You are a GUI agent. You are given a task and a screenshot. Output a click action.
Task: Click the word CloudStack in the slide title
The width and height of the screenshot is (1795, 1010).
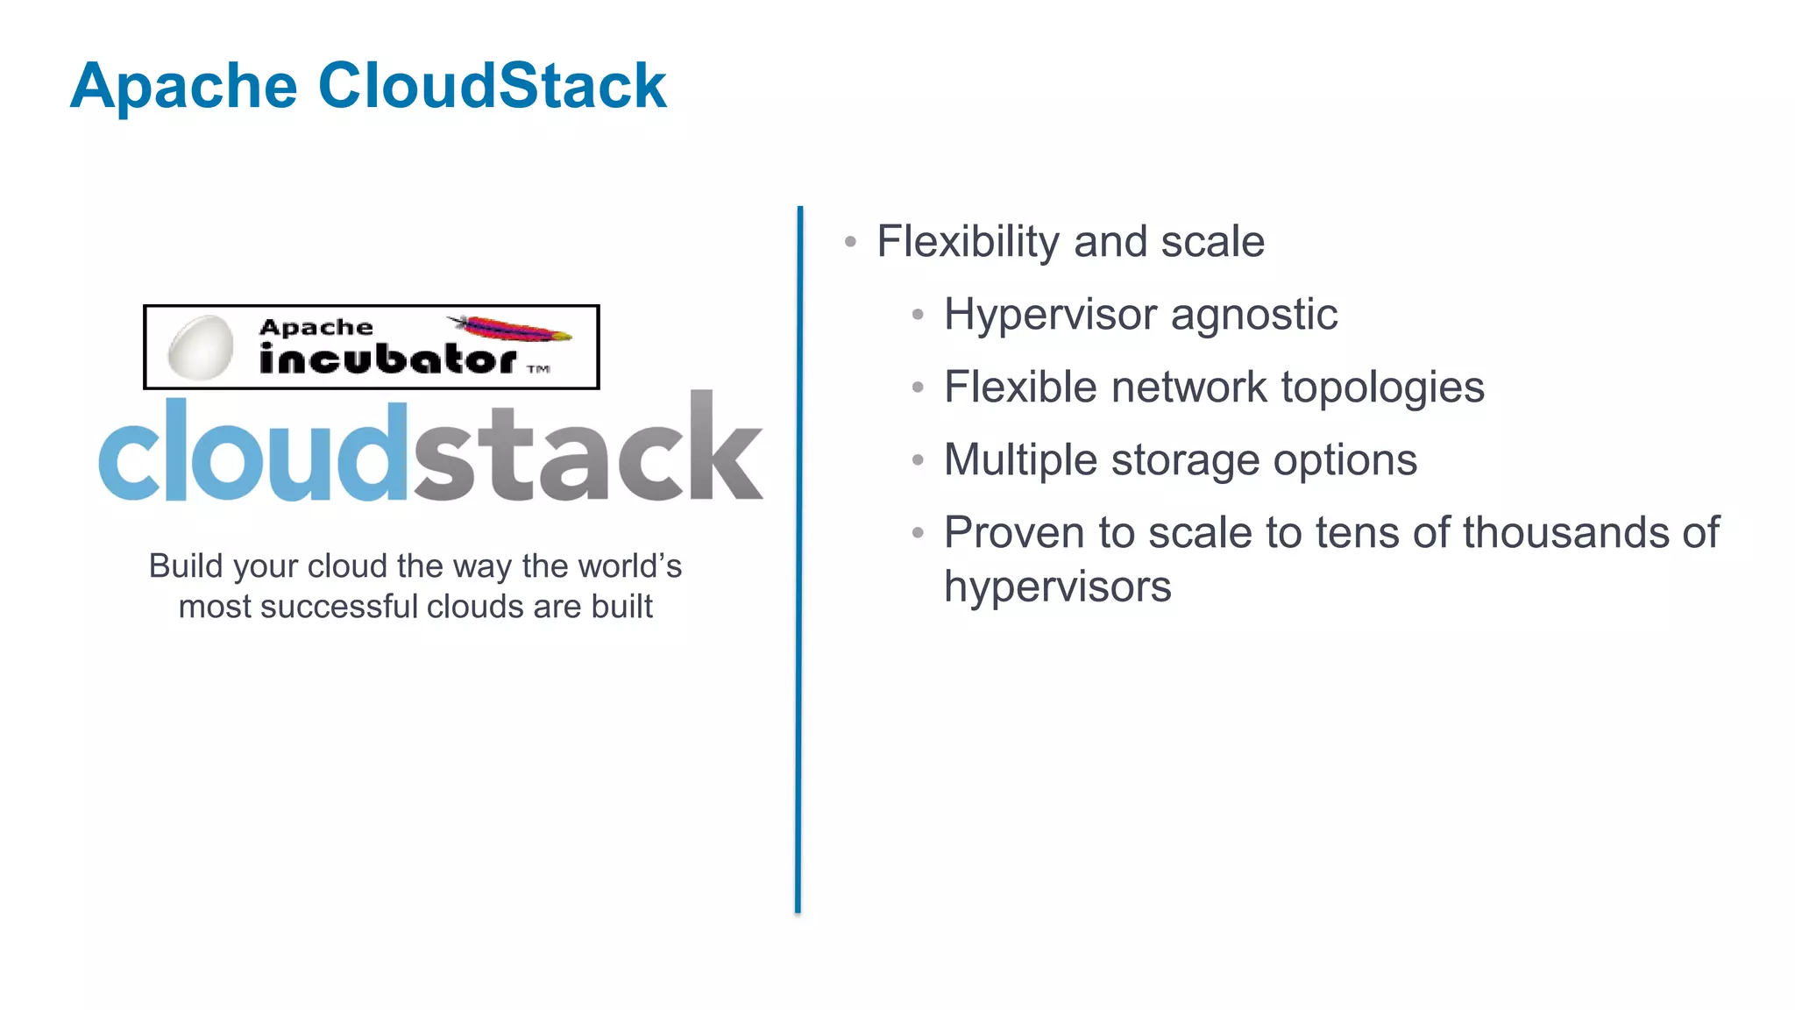pyautogui.click(x=492, y=86)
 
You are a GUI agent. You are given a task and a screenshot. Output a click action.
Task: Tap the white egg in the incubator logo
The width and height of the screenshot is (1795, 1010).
pyautogui.click(x=201, y=347)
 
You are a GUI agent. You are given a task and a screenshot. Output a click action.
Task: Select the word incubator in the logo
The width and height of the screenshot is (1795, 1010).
pyautogui.click(x=387, y=359)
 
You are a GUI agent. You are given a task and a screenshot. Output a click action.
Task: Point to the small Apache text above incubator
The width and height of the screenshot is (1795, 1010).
pyautogui.click(x=316, y=328)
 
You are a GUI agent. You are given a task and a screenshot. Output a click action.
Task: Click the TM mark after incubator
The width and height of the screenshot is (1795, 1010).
pyautogui.click(x=538, y=369)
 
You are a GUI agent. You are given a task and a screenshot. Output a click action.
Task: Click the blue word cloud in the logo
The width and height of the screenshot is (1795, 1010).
pyautogui.click(x=253, y=452)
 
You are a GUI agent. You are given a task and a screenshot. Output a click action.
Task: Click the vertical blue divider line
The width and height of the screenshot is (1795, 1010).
pyautogui.click(x=798, y=561)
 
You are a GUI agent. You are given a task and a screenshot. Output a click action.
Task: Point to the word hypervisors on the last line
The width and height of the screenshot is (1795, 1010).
pyautogui.click(x=1057, y=587)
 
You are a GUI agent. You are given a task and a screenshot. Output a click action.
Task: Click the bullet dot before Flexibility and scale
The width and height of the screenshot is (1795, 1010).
pyautogui.click(x=850, y=242)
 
